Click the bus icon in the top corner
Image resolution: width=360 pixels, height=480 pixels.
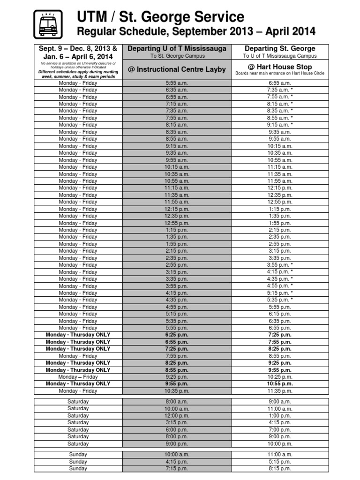[x=48, y=23]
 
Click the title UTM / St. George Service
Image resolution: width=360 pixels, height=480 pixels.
[x=161, y=17]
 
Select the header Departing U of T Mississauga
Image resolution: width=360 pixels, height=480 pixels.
[x=177, y=49]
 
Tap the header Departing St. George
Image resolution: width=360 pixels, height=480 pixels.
[x=280, y=49]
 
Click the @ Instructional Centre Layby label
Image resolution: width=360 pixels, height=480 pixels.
[x=177, y=69]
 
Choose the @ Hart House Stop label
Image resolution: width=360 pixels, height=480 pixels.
[x=280, y=67]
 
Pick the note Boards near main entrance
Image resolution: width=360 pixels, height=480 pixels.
[x=280, y=74]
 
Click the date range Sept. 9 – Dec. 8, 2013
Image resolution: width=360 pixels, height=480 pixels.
[x=78, y=49]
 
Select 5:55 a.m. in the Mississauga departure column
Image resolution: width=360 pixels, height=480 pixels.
[x=177, y=83]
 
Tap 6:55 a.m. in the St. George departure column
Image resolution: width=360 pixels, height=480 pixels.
[x=280, y=83]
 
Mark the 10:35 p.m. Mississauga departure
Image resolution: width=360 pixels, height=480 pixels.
[x=177, y=391]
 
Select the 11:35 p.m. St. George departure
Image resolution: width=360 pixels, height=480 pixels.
[x=280, y=391]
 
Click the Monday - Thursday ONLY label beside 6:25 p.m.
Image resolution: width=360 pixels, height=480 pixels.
[x=78, y=335]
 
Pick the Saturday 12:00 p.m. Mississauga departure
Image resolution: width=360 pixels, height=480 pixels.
[x=177, y=416]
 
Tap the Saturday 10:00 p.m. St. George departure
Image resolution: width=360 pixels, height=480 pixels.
[x=280, y=444]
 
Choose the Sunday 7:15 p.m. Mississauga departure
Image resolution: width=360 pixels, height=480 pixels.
[x=177, y=469]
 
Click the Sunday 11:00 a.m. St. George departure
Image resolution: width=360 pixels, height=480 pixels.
[x=280, y=455]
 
